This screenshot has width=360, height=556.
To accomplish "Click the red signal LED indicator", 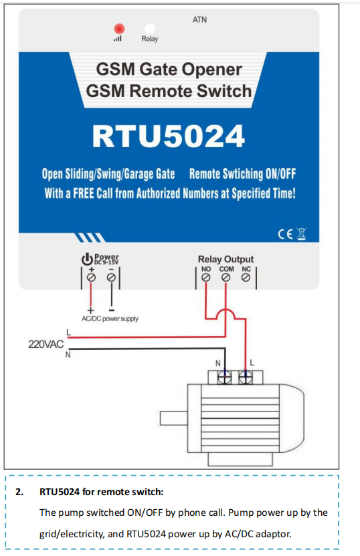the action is click(119, 28).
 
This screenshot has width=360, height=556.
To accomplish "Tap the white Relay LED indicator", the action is click(150, 28).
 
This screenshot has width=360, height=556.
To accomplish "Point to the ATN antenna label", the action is click(199, 19).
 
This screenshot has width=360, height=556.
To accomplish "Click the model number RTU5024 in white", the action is click(169, 136).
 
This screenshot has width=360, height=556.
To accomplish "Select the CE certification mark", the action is click(285, 234).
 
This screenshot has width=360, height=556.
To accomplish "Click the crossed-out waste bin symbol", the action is click(302, 234).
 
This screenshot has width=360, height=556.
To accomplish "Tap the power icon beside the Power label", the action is click(87, 259).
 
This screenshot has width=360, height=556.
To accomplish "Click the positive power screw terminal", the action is click(91, 277).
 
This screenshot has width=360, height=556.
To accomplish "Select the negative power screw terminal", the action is click(111, 277).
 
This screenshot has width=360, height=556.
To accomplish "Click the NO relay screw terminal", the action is click(205, 278).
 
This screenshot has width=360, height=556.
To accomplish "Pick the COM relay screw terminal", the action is click(226, 278).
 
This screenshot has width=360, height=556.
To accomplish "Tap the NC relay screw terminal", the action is click(246, 278).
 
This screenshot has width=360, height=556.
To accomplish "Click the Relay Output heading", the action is click(226, 259).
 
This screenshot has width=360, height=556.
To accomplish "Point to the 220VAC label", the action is click(46, 344).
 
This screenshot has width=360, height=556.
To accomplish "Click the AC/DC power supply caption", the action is click(110, 318).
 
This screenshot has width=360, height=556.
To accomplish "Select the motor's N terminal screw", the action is click(225, 377).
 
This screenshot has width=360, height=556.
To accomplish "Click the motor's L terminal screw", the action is click(246, 377).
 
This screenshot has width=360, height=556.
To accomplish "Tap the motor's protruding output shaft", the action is click(174, 418).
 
